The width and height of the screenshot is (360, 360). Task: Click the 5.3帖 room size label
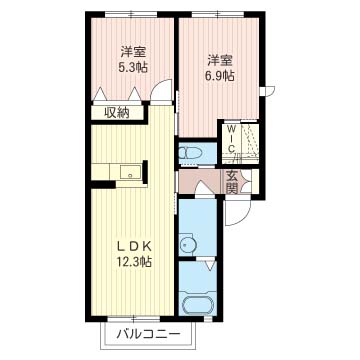coord(133,67)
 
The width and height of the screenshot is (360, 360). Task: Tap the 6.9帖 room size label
coord(219,76)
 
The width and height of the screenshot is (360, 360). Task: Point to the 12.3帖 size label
coord(134,262)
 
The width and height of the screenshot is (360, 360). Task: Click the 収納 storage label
coord(117,113)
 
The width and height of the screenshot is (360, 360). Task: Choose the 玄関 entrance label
coord(232,182)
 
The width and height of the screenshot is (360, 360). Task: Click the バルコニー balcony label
coord(148,334)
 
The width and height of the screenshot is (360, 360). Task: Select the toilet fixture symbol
coord(190,154)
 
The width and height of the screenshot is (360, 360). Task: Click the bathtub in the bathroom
coord(198,305)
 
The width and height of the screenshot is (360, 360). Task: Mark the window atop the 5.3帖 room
coord(131,14)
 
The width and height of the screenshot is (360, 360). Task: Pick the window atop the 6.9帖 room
coord(218,14)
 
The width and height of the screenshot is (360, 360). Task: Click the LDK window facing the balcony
coord(134,319)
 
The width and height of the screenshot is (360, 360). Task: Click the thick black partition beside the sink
coord(145,172)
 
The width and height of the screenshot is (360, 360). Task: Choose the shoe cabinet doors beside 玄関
coord(246,181)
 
